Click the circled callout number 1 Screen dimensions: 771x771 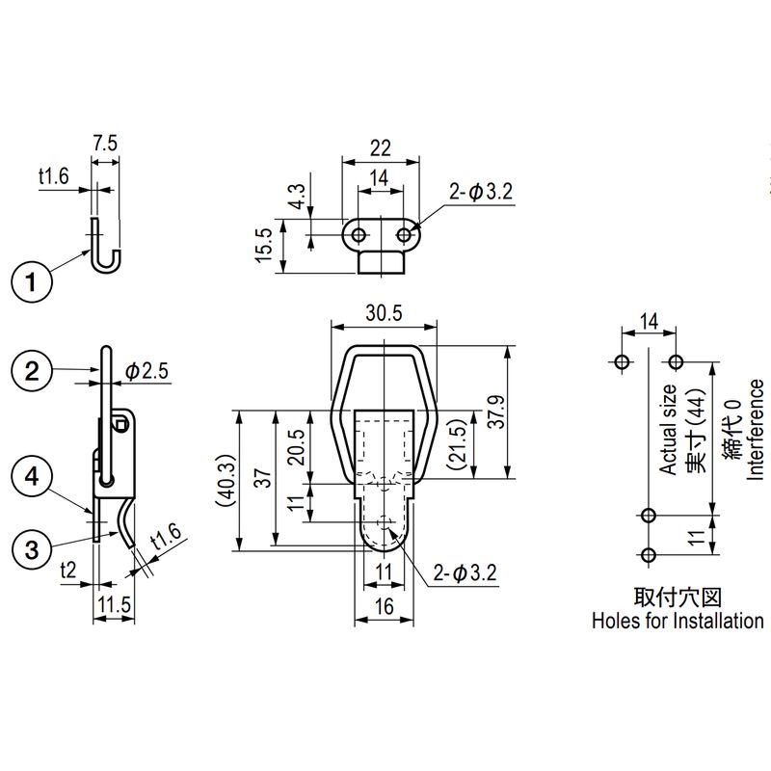pyautogui.click(x=33, y=282)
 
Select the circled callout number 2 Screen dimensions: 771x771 pyautogui.click(x=33, y=371)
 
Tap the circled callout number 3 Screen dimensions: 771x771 pyautogui.click(x=33, y=549)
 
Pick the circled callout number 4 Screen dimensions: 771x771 pyautogui.click(x=33, y=475)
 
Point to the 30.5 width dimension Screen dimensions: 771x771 pyautogui.click(x=383, y=313)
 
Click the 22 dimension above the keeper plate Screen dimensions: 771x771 pyautogui.click(x=380, y=147)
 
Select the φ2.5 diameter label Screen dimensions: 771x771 pyautogui.click(x=146, y=371)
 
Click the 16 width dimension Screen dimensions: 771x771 pyautogui.click(x=384, y=607)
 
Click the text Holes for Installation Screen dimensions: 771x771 pyautogui.click(x=678, y=622)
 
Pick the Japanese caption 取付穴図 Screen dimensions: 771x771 pyautogui.click(x=678, y=597)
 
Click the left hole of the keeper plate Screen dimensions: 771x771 pyautogui.click(x=358, y=234)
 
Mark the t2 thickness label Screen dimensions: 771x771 pyautogui.click(x=67, y=571)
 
